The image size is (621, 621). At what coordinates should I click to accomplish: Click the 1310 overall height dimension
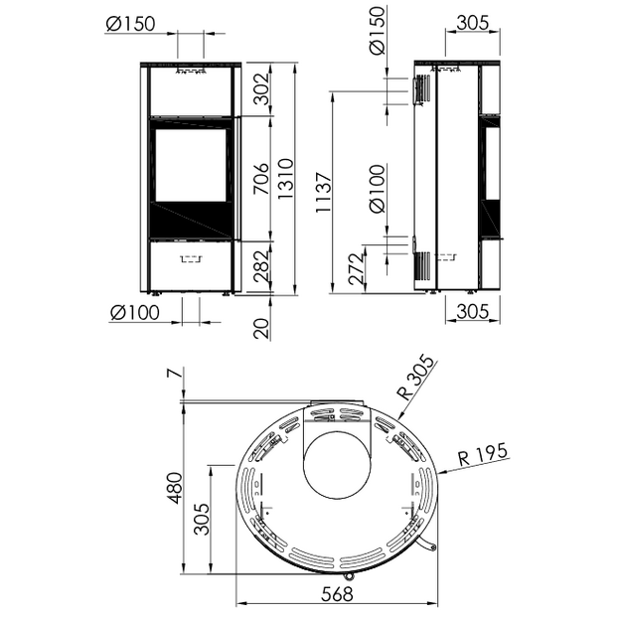(x=285, y=178)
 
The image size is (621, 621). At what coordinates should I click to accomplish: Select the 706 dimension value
(x=261, y=179)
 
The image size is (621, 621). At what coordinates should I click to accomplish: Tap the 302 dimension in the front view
(x=261, y=88)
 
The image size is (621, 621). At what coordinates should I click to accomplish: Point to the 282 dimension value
(x=261, y=266)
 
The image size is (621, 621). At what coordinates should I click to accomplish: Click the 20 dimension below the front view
(x=261, y=328)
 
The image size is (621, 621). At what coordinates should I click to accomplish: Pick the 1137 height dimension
(x=323, y=192)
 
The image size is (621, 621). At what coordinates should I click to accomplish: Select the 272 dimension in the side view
(x=357, y=269)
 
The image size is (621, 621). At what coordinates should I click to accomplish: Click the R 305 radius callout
(x=416, y=378)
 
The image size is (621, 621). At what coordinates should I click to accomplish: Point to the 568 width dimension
(x=337, y=594)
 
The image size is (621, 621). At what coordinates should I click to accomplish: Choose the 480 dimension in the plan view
(x=176, y=488)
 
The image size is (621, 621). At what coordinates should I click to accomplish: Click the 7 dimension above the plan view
(x=177, y=373)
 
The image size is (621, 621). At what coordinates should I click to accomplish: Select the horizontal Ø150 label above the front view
(x=130, y=24)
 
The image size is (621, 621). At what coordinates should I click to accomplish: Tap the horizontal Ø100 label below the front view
(x=135, y=313)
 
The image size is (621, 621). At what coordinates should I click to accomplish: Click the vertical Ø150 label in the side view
(x=377, y=31)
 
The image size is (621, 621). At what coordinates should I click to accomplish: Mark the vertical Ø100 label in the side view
(x=377, y=189)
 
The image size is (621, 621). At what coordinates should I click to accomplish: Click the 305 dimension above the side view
(x=473, y=23)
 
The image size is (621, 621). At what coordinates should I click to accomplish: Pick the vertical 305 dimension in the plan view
(x=202, y=519)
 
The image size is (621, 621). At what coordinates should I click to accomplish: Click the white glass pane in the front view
(x=191, y=165)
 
